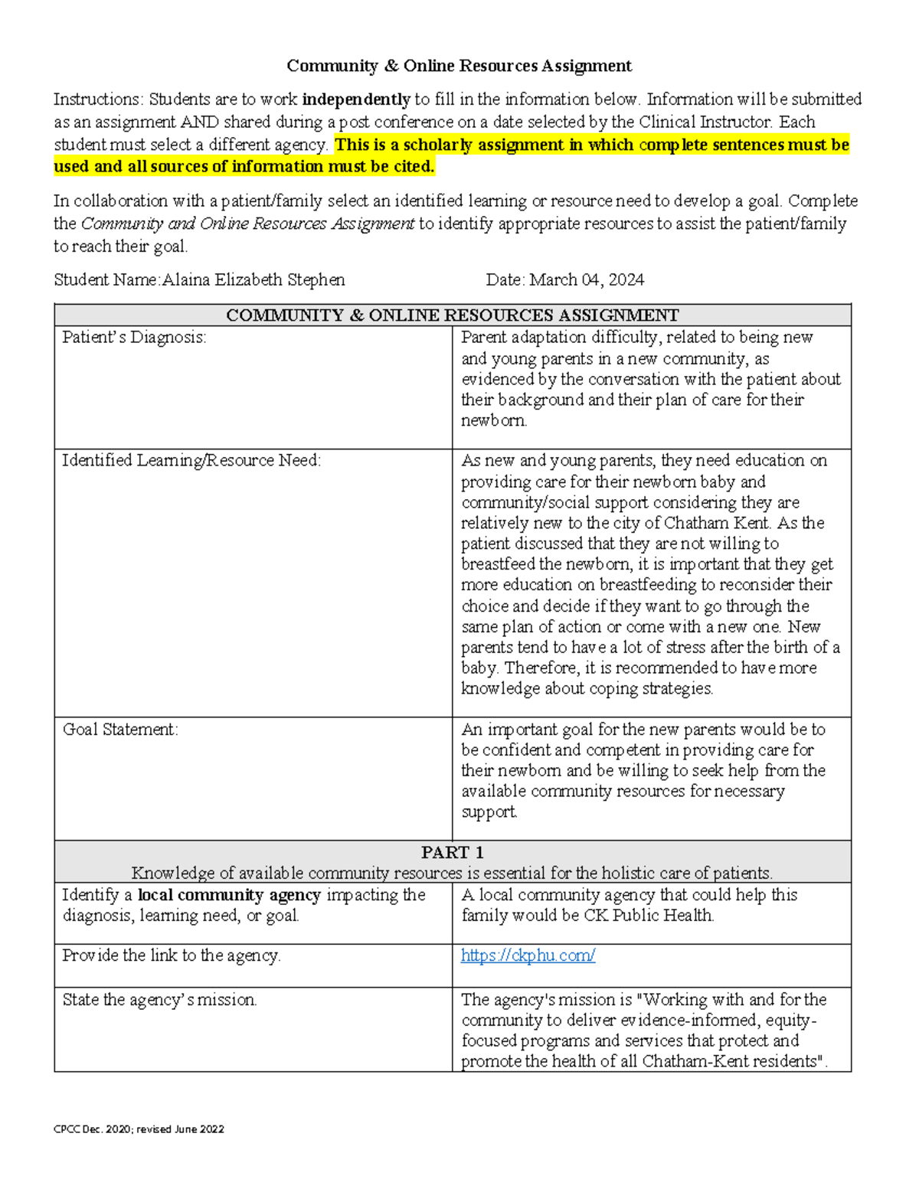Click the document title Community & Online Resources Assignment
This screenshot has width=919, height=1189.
point(459,66)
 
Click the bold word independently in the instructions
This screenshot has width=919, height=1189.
point(356,100)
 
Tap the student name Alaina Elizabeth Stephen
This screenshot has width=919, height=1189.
point(253,280)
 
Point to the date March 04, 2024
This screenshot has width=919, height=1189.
point(587,280)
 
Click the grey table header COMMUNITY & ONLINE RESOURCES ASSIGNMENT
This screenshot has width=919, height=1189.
point(452,315)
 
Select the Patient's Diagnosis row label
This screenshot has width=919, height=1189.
point(134,338)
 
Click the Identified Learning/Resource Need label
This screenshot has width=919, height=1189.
point(191,461)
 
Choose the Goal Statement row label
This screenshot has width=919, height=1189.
point(120,730)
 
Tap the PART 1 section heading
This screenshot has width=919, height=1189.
point(452,853)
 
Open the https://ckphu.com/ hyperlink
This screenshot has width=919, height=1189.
point(528,955)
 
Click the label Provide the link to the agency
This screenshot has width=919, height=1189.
point(172,955)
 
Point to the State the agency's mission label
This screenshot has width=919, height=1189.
point(159,1000)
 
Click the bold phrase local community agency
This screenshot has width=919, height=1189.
point(229,895)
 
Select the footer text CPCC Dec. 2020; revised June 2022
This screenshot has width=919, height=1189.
point(139,1129)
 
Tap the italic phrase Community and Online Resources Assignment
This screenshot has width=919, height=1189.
point(247,224)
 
